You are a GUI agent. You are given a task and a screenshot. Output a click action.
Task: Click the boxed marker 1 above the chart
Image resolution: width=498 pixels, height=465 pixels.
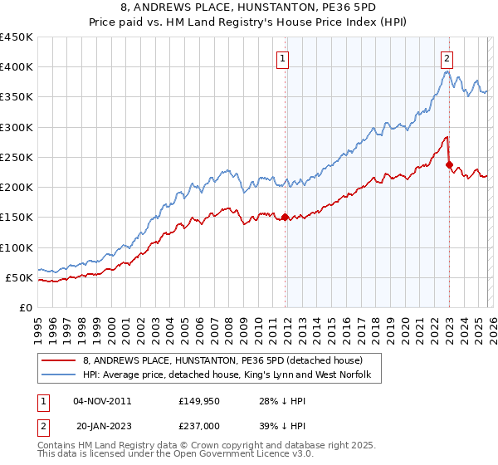[284, 58]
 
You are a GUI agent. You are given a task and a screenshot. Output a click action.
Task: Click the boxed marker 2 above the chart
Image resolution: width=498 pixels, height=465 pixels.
[447, 58]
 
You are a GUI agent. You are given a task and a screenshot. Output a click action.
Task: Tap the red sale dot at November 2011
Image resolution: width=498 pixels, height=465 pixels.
[286, 218]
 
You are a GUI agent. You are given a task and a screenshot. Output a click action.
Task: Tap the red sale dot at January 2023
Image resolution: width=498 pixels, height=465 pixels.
[449, 164]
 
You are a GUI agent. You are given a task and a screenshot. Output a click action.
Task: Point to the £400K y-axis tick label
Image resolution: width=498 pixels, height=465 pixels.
[17, 67]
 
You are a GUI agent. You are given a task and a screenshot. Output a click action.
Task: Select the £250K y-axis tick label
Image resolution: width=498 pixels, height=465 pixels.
[17, 157]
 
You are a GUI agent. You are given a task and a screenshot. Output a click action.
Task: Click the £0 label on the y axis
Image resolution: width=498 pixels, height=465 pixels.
[25, 307]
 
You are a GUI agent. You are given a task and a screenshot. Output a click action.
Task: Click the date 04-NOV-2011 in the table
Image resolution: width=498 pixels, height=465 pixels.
[101, 401]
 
